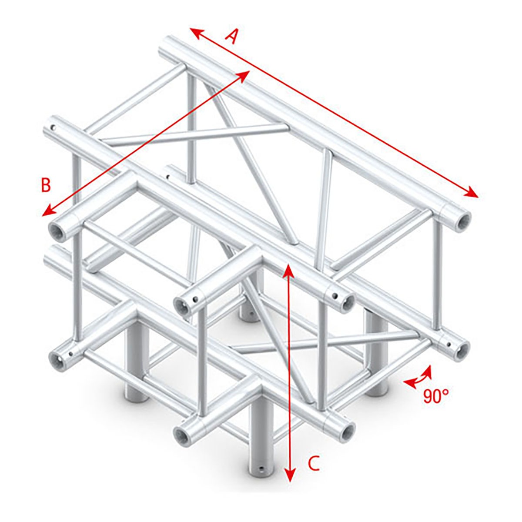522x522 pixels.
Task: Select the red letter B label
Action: (x=46, y=185)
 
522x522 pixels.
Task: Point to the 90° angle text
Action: (x=435, y=396)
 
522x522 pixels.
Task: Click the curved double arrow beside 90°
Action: (x=418, y=376)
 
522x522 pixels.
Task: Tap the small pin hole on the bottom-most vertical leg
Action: (x=261, y=469)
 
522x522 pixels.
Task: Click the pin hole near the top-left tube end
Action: (x=53, y=127)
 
